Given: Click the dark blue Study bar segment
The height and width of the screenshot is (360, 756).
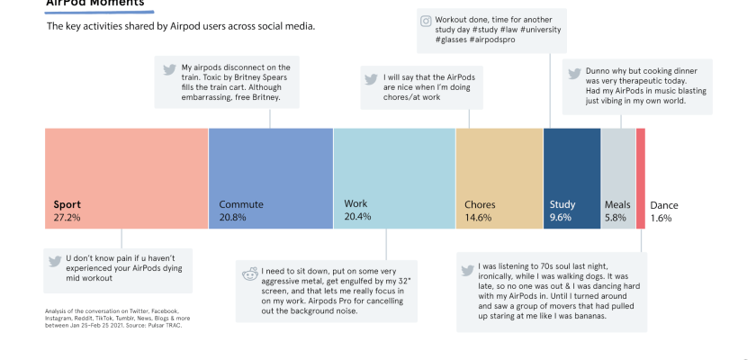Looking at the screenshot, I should [x=571, y=171].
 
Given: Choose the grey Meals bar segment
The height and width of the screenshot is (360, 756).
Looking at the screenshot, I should [x=618, y=171].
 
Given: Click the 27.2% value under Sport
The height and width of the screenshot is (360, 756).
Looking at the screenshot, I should [x=67, y=218].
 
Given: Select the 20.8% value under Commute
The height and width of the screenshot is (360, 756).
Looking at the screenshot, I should [x=233, y=218].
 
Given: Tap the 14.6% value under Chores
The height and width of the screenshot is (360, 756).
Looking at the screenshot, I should [x=478, y=218].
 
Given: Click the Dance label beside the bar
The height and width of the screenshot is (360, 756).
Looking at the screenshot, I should [x=664, y=205].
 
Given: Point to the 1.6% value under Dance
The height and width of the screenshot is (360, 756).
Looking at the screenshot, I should [x=661, y=218].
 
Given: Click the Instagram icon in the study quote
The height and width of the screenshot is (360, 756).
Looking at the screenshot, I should [x=426, y=20].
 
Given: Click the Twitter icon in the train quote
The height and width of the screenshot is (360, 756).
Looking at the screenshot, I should [x=167, y=69].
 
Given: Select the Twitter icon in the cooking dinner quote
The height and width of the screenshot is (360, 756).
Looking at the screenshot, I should [x=574, y=71].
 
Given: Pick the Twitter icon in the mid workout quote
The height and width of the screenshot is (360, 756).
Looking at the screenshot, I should [x=54, y=261].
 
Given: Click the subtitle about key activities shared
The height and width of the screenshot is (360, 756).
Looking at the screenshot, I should [x=180, y=26].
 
